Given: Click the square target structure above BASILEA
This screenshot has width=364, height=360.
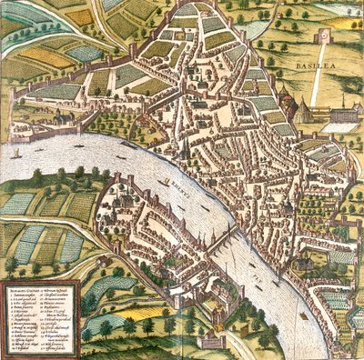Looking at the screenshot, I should pyautogui.click(x=322, y=37).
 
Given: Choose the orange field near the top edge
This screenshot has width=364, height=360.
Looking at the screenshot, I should pyautogui.click(x=81, y=16).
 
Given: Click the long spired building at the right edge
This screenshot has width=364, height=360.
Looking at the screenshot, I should pyautogui.click(x=341, y=115).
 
